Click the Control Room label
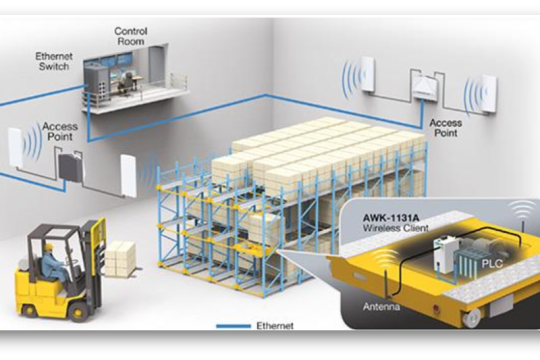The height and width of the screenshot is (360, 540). (130, 37)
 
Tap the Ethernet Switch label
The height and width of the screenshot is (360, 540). (54, 62)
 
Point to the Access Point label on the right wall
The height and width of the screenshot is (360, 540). (446, 128)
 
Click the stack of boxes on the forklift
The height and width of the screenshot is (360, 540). (120, 258)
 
